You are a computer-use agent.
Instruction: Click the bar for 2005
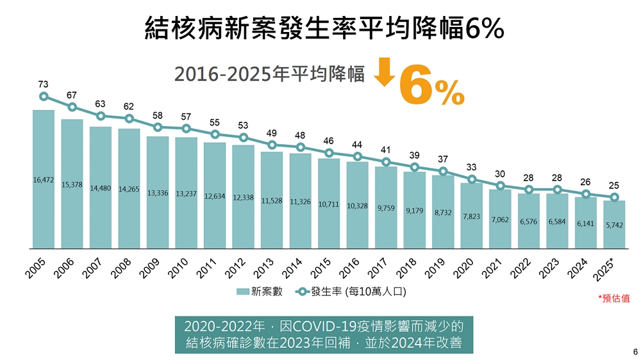(x=44, y=179)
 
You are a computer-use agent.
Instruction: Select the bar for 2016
(x=358, y=205)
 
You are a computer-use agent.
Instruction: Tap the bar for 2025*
(x=614, y=224)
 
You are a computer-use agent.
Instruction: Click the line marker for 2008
(x=129, y=119)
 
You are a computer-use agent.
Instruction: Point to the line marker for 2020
(x=472, y=179)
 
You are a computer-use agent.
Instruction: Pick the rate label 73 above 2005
(x=44, y=84)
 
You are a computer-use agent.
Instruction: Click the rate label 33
(x=472, y=167)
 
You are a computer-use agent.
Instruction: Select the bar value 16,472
(x=44, y=180)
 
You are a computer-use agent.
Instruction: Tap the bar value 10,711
(x=329, y=204)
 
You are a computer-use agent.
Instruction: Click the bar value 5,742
(x=614, y=225)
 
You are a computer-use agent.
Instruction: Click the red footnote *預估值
(x=613, y=299)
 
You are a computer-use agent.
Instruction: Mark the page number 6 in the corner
(x=635, y=352)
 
